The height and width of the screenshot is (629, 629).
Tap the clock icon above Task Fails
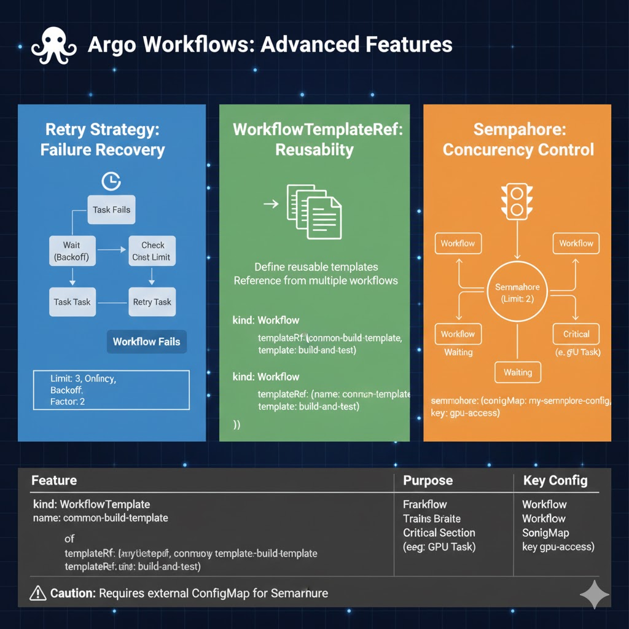[x=111, y=181]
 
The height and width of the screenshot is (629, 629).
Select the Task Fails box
[x=111, y=210]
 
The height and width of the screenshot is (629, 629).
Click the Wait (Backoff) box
[x=72, y=251]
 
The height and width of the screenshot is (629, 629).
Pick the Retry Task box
[x=152, y=302]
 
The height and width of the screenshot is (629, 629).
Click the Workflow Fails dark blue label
[x=146, y=342]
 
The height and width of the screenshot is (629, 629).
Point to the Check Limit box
[x=151, y=251]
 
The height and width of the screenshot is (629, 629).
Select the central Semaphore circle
[x=517, y=292]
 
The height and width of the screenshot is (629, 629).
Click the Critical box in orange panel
[x=576, y=334]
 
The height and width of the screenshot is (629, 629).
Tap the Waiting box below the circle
[x=517, y=372]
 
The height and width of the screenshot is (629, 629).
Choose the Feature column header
[x=54, y=480]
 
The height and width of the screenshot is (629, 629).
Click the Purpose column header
[x=428, y=480]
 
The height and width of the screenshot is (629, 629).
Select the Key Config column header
[x=555, y=480]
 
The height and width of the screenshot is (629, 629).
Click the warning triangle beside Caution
[x=38, y=593]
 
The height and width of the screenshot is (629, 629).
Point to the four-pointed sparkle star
[x=594, y=594]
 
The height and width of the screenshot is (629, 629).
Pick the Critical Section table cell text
[x=439, y=533]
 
